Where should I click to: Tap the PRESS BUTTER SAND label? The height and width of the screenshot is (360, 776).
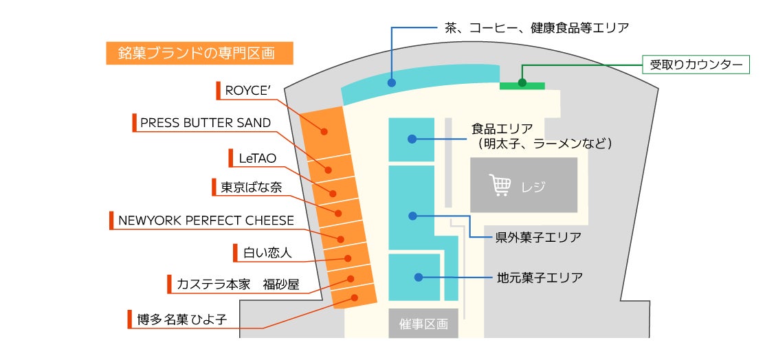(x=205, y=123)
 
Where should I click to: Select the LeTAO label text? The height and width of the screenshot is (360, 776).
(x=257, y=158)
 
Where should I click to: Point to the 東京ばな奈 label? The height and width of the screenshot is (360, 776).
(x=251, y=187)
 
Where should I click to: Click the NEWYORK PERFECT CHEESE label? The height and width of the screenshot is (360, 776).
(x=206, y=221)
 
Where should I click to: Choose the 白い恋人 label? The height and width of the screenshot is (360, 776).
(x=267, y=253)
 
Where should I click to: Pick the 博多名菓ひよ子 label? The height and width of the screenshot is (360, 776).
(x=181, y=319)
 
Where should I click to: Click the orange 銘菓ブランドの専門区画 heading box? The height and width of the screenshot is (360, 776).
(x=199, y=54)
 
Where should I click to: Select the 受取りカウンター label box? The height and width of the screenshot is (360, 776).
(x=696, y=65)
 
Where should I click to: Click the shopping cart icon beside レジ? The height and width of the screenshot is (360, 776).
(x=500, y=185)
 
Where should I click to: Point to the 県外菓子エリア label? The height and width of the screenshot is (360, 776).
(x=538, y=238)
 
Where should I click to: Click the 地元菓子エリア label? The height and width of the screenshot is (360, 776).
(x=540, y=278)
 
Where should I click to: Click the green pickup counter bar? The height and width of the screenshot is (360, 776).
(x=522, y=85)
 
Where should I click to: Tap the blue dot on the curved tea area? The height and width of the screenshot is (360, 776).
(x=392, y=83)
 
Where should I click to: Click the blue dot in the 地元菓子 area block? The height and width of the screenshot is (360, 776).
(x=418, y=277)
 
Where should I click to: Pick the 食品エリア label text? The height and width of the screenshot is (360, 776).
(x=502, y=128)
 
